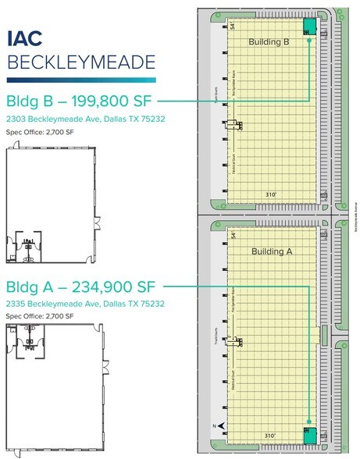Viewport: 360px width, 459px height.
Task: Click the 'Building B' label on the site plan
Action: (269, 42)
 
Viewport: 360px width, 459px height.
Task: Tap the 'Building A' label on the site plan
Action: (270, 251)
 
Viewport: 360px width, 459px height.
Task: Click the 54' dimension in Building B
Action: (232, 27)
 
